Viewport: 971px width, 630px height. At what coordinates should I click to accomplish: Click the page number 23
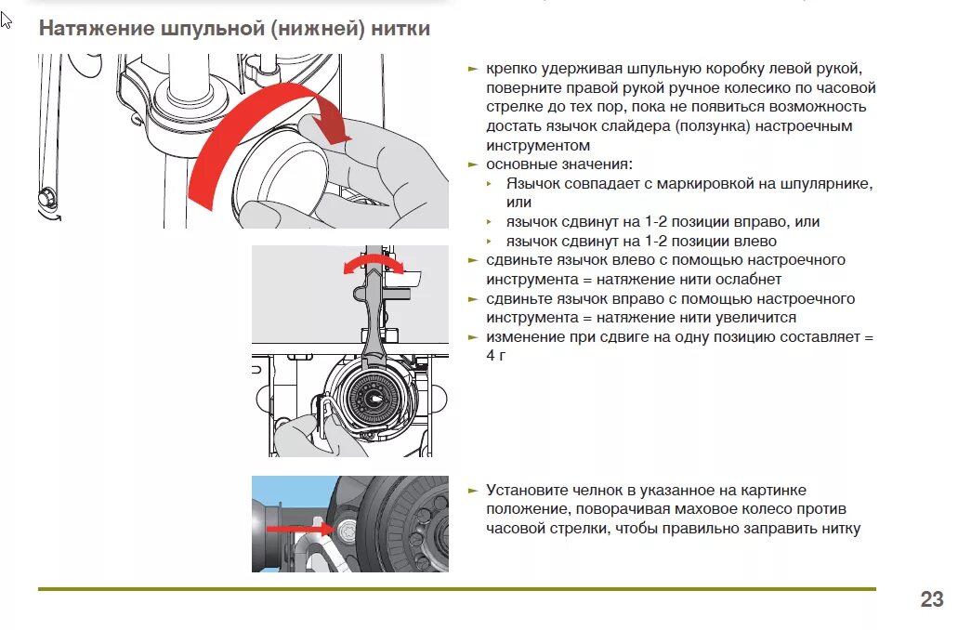click(932, 599)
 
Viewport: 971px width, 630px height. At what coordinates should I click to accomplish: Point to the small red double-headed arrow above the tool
click(374, 267)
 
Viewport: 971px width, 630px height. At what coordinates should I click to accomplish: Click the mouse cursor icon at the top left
click(7, 20)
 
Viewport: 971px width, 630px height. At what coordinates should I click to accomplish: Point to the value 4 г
click(494, 355)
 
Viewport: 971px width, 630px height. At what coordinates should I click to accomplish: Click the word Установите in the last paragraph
click(525, 490)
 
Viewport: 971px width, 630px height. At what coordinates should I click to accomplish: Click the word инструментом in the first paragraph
click(537, 146)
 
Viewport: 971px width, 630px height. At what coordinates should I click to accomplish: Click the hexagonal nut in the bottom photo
click(347, 531)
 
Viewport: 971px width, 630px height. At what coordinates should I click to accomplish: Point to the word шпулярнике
click(827, 184)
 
